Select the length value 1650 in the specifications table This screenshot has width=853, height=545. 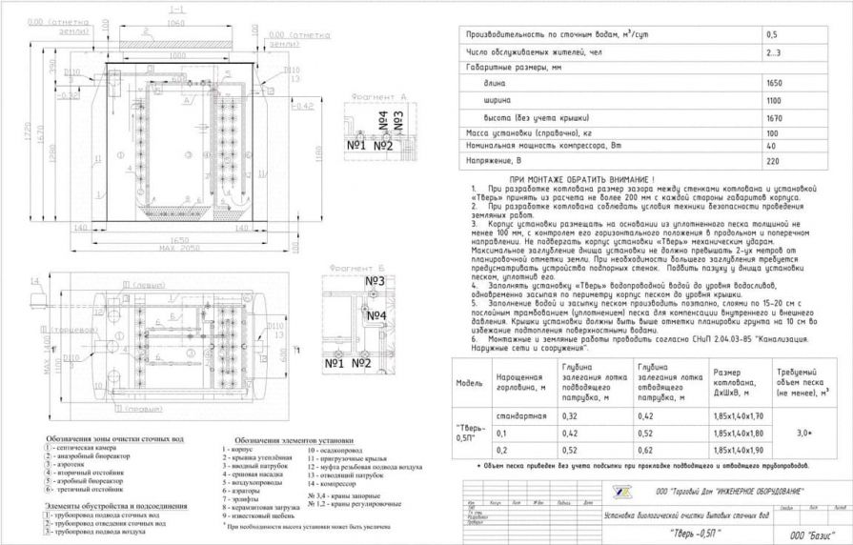click(x=774, y=84)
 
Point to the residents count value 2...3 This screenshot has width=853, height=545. click(x=773, y=51)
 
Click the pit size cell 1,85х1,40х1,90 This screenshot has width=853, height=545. click(x=740, y=448)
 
